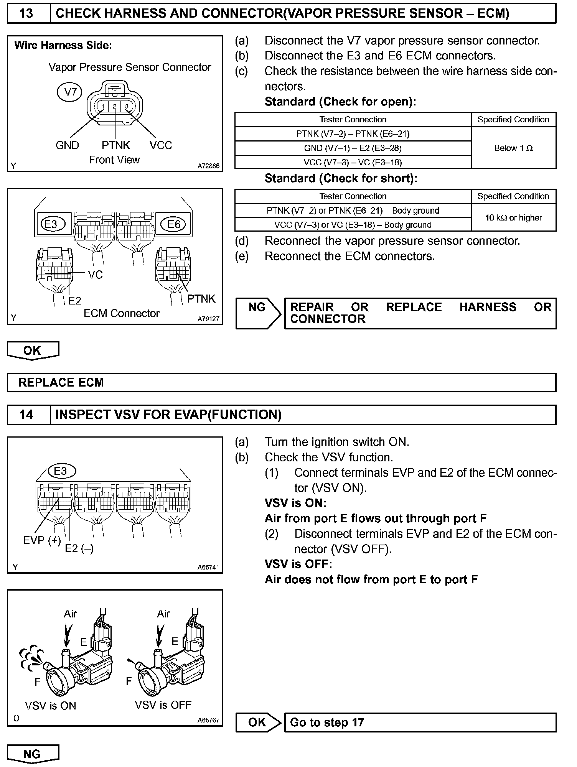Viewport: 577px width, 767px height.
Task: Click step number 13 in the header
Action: [x=26, y=14]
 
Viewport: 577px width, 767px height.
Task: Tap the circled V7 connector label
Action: [x=69, y=92]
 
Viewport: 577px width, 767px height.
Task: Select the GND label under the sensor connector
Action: [x=67, y=145]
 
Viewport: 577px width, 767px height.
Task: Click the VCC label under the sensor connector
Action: [x=161, y=145]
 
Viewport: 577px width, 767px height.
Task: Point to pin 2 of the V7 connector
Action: [x=115, y=106]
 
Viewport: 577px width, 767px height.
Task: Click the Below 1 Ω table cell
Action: [x=513, y=148]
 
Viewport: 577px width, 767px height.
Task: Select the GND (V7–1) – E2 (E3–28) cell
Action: [x=353, y=148]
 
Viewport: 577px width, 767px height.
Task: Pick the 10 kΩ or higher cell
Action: [x=513, y=217]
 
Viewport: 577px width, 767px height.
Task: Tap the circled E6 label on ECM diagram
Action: [x=174, y=224]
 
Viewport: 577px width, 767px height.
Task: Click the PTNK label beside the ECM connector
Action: [x=201, y=299]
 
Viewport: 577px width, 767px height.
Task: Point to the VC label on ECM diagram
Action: [x=96, y=275]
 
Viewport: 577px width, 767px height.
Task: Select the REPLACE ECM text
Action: [x=61, y=382]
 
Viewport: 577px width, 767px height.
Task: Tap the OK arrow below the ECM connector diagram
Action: [x=33, y=350]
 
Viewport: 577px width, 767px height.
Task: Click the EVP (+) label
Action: [x=42, y=541]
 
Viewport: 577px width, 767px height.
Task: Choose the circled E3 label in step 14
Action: [x=61, y=471]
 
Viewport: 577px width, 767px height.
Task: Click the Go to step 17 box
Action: [x=420, y=723]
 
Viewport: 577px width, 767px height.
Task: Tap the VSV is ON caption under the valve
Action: [x=50, y=706]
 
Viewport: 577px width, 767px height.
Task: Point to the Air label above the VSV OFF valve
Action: [x=163, y=614]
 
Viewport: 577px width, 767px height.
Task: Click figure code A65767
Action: [x=208, y=720]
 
